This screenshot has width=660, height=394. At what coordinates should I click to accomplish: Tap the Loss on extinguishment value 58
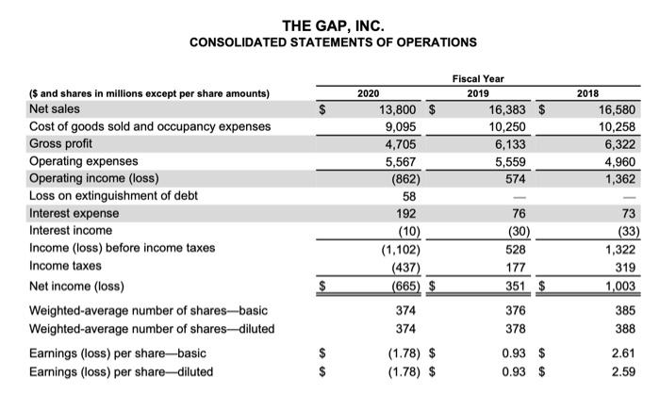tap(409, 196)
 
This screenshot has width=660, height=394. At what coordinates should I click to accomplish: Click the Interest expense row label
tap(72, 214)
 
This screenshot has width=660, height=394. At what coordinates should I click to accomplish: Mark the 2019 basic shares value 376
tap(509, 310)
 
